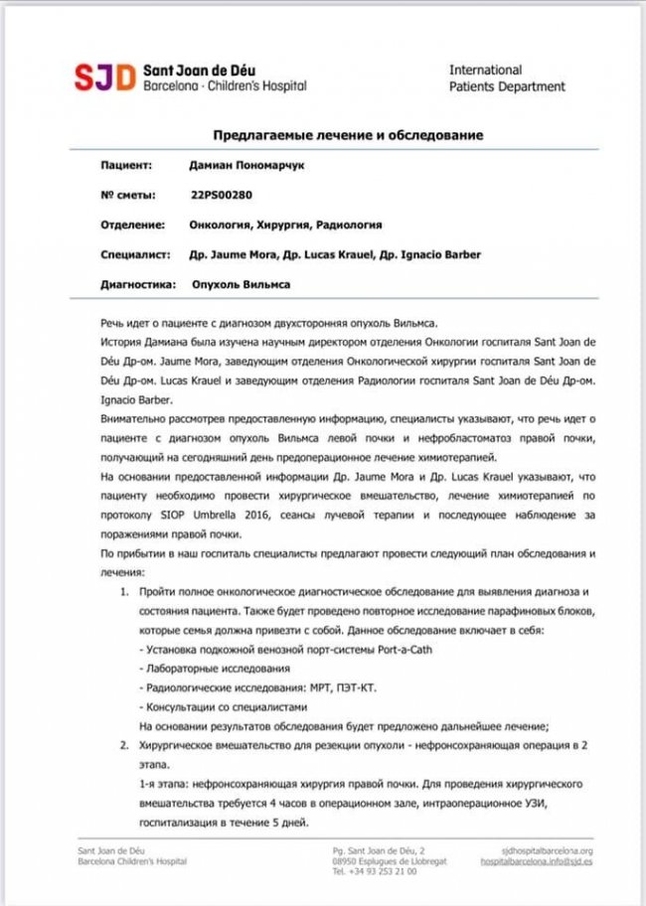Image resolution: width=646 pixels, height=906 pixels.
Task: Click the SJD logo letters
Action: (106, 77)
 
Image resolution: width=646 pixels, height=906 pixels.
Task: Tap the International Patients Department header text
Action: (507, 78)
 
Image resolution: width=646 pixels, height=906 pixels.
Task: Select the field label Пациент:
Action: (126, 165)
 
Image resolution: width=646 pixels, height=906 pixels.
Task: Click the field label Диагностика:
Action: (138, 284)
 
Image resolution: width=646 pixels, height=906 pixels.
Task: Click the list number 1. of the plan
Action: (125, 591)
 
